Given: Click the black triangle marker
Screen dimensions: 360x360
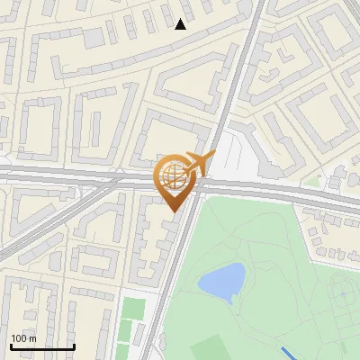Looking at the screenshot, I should [181, 24].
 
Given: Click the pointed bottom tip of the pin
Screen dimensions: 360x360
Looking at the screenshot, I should [174, 211].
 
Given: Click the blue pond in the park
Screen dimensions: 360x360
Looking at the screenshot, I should [221, 282].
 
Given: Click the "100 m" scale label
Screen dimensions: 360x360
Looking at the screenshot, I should [23, 337].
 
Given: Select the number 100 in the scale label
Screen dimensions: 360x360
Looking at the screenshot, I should [19, 337].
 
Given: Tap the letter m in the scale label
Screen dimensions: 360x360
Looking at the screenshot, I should [32, 337].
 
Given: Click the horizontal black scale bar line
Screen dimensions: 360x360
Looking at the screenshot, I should [42, 346].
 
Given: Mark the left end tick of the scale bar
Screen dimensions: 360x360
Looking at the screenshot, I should [11, 345].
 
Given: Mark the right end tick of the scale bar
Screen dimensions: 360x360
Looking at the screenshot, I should [74, 345].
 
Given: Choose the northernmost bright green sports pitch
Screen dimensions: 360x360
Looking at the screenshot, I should [133, 308].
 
